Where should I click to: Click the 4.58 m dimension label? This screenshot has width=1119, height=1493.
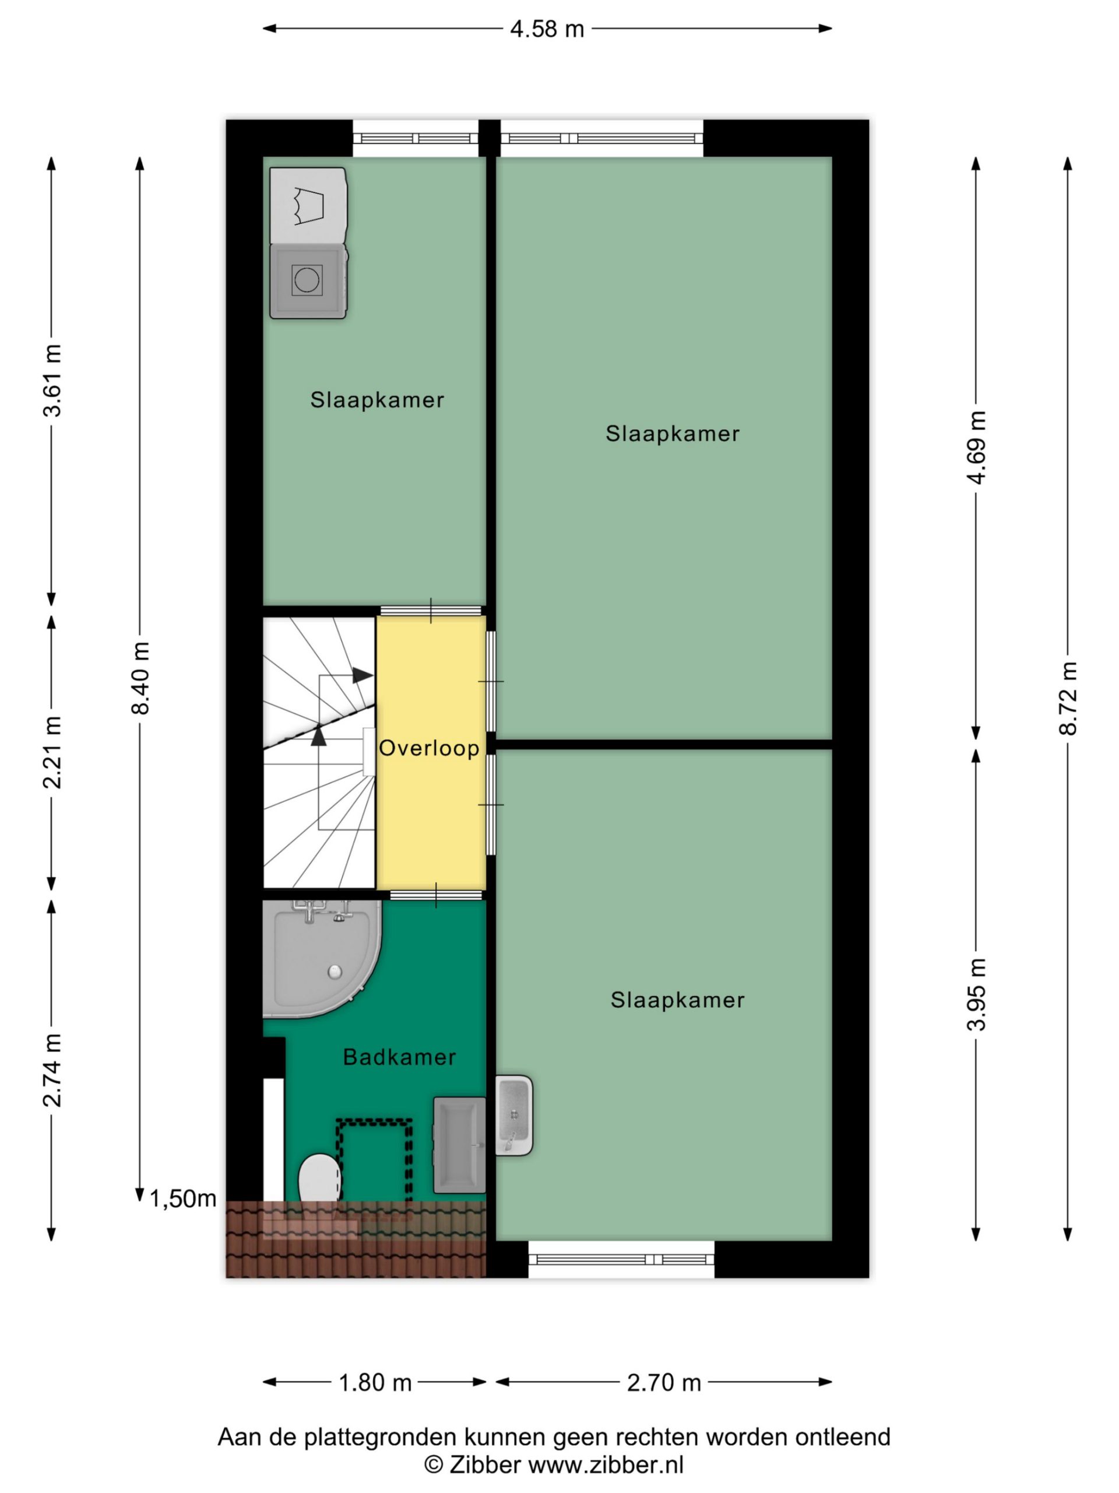(546, 29)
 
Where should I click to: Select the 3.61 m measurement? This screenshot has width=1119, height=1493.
(52, 380)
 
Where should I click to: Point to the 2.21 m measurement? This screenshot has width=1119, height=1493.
(52, 752)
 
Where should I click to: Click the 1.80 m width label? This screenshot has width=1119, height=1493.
(375, 1383)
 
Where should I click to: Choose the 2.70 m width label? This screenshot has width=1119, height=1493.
(664, 1383)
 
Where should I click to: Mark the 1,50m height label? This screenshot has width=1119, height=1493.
(183, 1198)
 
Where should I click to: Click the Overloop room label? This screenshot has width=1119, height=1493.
(429, 748)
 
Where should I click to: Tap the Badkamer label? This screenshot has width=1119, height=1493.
(399, 1057)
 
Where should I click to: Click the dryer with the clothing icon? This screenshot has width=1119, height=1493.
(308, 205)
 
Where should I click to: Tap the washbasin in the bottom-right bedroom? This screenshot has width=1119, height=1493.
(514, 1116)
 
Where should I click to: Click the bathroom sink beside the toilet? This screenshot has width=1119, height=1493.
(459, 1145)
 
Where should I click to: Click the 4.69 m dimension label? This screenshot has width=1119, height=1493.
(976, 447)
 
